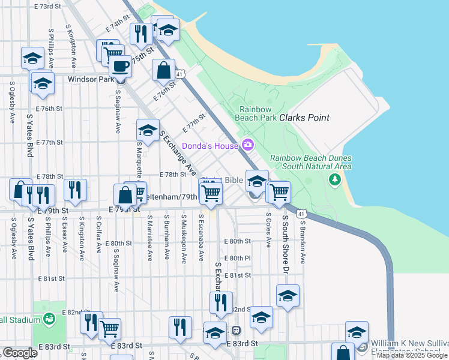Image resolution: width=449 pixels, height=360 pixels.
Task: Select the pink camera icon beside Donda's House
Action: (x=247, y=145)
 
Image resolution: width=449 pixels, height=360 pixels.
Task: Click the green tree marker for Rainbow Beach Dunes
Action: (x=334, y=179)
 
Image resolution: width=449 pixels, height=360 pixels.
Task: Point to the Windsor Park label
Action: (x=91, y=79)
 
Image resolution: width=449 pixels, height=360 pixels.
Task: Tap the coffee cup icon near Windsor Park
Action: (x=121, y=66)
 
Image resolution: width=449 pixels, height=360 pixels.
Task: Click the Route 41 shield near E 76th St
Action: (x=180, y=73)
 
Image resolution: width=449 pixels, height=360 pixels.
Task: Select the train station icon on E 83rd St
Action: (x=237, y=330)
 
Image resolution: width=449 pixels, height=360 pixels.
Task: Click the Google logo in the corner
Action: (x=20, y=353)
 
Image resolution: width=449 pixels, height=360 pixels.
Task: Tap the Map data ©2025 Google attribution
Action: (x=412, y=355)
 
